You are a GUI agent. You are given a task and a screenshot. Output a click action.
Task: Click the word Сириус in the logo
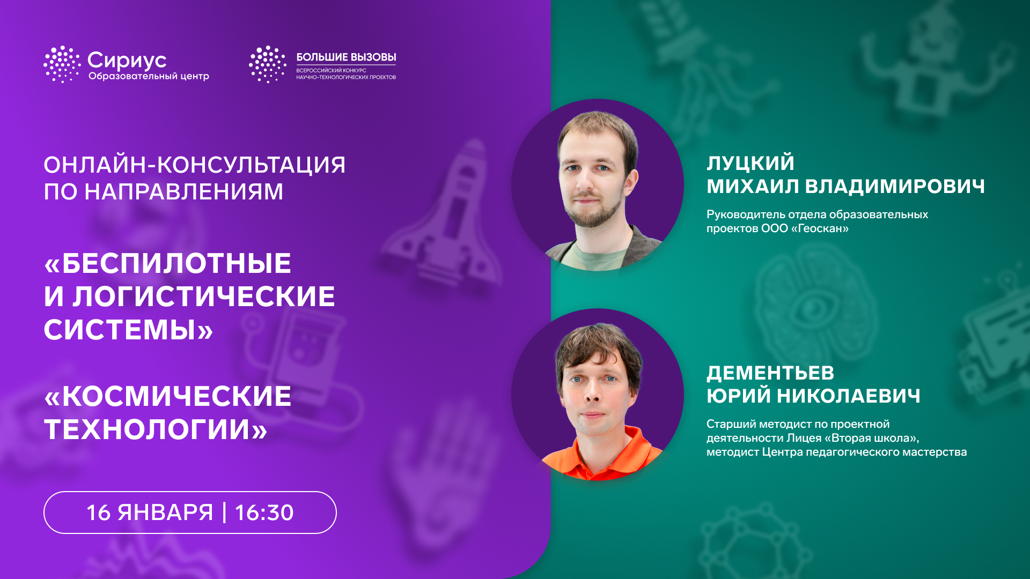127,61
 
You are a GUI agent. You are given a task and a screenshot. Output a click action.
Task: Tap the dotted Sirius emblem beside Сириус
62,64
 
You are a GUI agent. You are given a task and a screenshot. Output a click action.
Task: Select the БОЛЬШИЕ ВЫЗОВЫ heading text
346,57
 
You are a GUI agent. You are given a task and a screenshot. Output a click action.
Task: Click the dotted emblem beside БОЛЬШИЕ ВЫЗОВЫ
267,64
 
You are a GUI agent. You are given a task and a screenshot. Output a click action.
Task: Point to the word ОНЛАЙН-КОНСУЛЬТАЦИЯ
195,165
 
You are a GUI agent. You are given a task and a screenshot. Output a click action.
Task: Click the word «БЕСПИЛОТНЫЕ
168,263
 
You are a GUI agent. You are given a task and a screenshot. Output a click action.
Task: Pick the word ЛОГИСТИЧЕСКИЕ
204,296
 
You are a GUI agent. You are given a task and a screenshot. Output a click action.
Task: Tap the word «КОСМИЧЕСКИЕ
168,396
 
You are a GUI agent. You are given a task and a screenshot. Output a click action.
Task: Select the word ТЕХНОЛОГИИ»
156,429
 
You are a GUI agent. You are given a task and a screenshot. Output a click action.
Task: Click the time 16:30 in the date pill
264,513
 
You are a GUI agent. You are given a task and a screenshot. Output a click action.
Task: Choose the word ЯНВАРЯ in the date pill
165,513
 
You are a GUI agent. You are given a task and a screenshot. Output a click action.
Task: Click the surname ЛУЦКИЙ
751,162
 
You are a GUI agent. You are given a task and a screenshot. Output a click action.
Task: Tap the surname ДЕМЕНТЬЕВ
770,373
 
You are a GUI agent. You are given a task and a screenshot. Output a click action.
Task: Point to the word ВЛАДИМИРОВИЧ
895,186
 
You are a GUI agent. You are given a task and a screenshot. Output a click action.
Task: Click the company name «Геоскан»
820,228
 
